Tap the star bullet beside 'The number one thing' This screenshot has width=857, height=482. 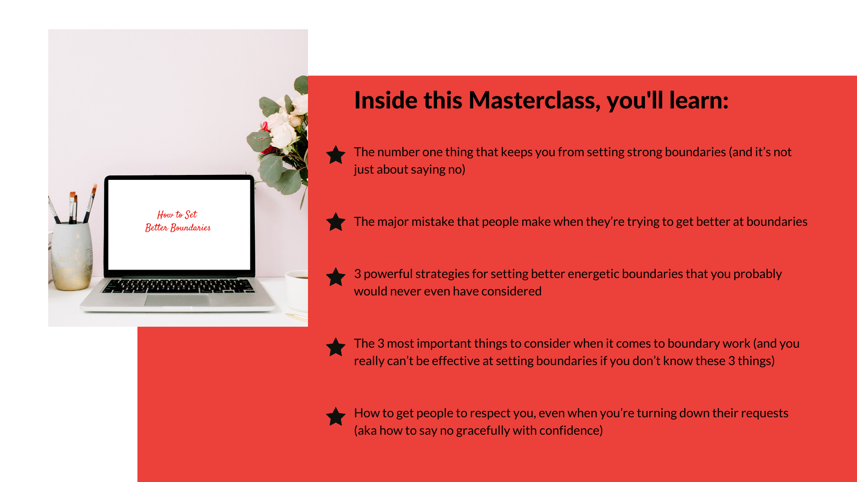(336, 155)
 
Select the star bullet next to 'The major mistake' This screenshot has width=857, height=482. (336, 222)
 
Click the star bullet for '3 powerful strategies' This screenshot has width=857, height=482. (336, 277)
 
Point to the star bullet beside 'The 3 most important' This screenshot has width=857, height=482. (336, 347)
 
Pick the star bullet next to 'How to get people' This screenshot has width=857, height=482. (336, 416)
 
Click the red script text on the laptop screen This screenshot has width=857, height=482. (178, 221)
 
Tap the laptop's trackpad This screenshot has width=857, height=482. (177, 300)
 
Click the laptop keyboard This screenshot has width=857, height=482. (178, 286)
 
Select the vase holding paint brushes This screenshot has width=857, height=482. (72, 256)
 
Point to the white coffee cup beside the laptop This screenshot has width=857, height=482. (296, 290)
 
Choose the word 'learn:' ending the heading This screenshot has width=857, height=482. (699, 100)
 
